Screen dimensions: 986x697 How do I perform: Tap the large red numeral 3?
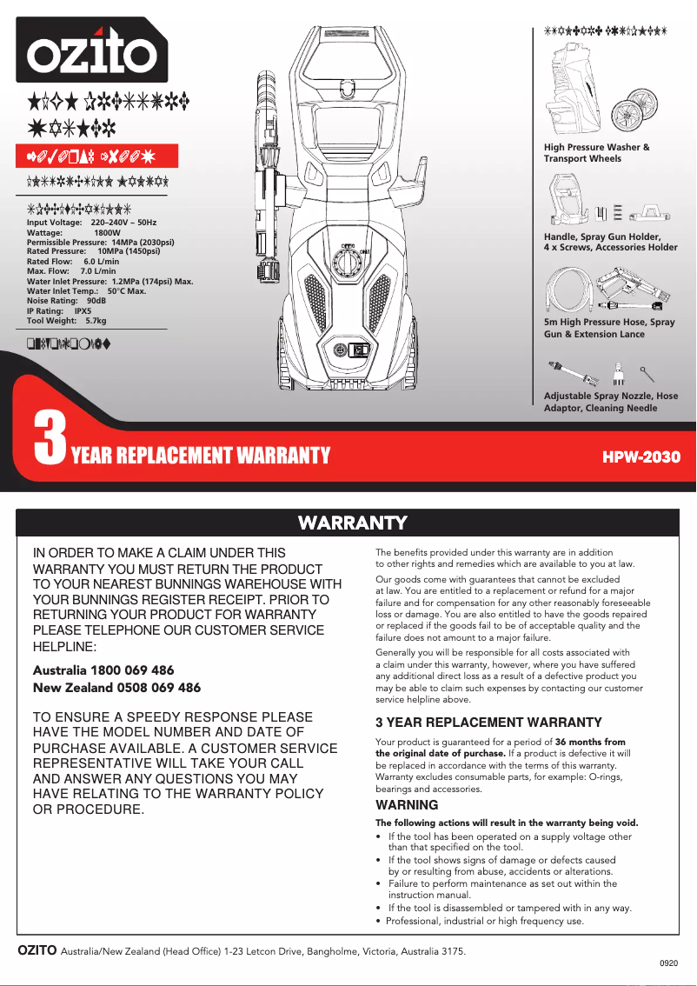tap(50, 440)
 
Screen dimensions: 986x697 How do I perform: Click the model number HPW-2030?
tap(641, 456)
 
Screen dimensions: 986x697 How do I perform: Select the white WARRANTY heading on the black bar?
tap(352, 523)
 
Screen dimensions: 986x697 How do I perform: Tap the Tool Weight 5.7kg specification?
tap(66, 321)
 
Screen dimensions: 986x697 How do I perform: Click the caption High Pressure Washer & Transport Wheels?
tap(596, 153)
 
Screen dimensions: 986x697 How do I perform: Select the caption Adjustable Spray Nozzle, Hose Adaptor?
tap(610, 402)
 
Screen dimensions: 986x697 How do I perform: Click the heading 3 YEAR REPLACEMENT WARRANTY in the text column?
tap(488, 723)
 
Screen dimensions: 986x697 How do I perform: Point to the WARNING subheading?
tap(406, 805)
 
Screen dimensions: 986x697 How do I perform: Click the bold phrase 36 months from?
tap(590, 742)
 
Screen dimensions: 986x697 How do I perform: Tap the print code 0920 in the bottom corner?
tap(667, 963)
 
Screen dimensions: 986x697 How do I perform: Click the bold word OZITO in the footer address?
tap(37, 950)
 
